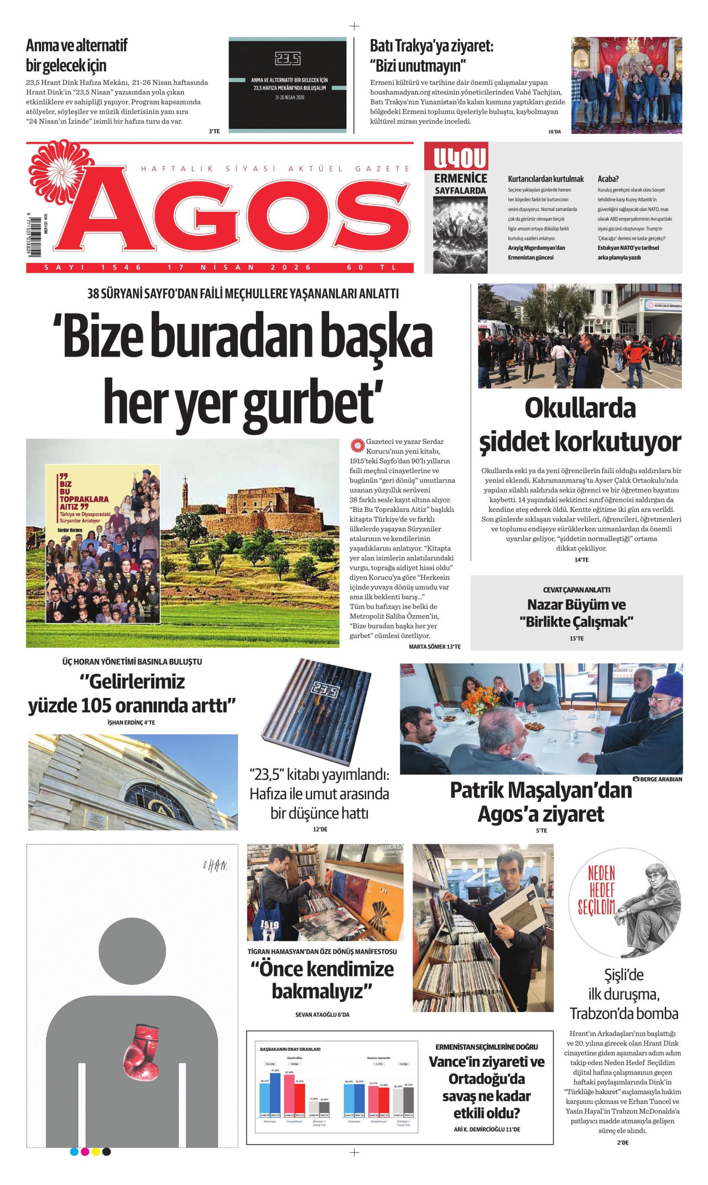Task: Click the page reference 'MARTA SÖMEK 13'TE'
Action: (x=434, y=646)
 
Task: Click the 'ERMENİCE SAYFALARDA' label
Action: (x=460, y=184)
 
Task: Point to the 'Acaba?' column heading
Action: (x=608, y=179)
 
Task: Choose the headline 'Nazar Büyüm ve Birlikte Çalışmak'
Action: (x=576, y=613)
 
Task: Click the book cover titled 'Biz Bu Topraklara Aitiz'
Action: (x=102, y=543)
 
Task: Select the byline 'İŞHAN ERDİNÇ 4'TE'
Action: (x=131, y=722)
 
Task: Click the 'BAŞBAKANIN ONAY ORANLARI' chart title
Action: (x=290, y=1049)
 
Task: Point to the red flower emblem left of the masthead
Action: (x=54, y=167)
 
